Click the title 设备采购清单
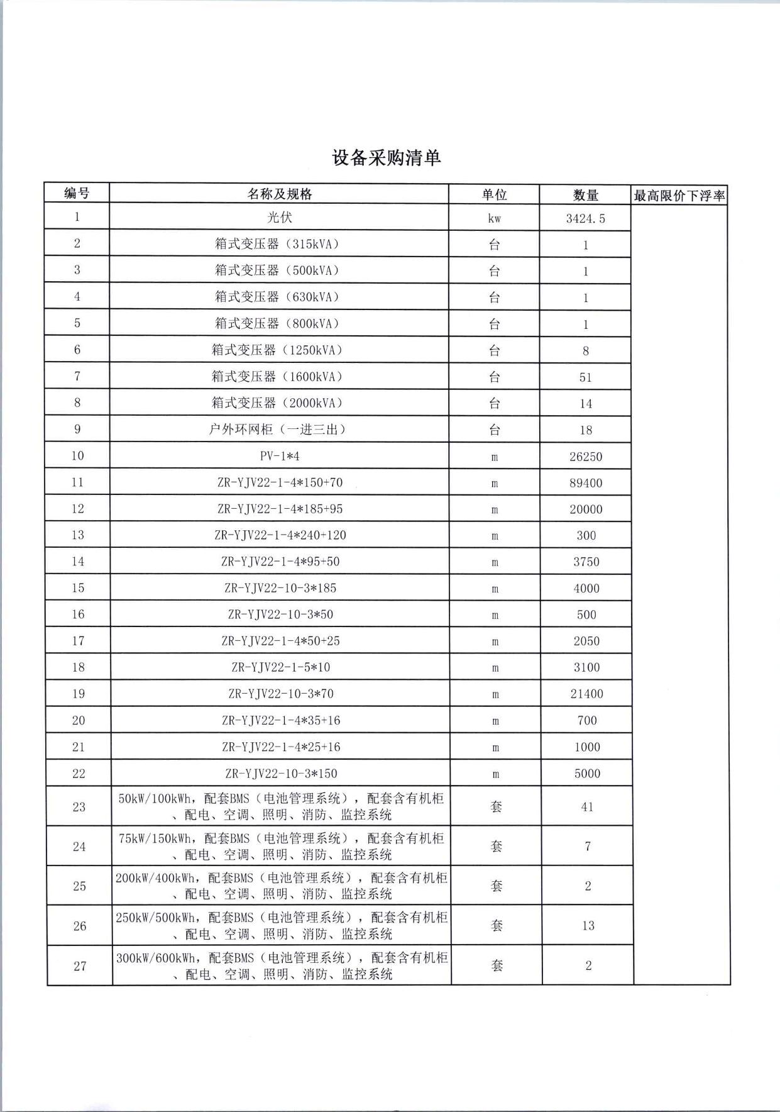pos(386,158)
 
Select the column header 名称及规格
pos(279,194)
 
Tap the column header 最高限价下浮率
pos(679,196)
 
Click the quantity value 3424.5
pos(585,219)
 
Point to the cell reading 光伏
pos(279,218)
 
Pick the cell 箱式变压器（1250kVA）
pos(279,350)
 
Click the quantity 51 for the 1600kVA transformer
pos(585,377)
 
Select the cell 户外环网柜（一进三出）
pos(279,430)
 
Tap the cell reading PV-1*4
pos(279,456)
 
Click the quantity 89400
pos(585,483)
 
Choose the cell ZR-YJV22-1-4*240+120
pos(280,535)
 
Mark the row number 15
pos(77,588)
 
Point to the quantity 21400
pos(586,694)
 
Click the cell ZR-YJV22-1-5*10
pos(280,667)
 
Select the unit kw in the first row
pos(494,219)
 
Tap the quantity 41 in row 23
pos(587,806)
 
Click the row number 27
pos(79,965)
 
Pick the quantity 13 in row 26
pos(588,925)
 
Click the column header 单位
pos(494,195)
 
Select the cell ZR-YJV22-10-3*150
pos(281,773)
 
